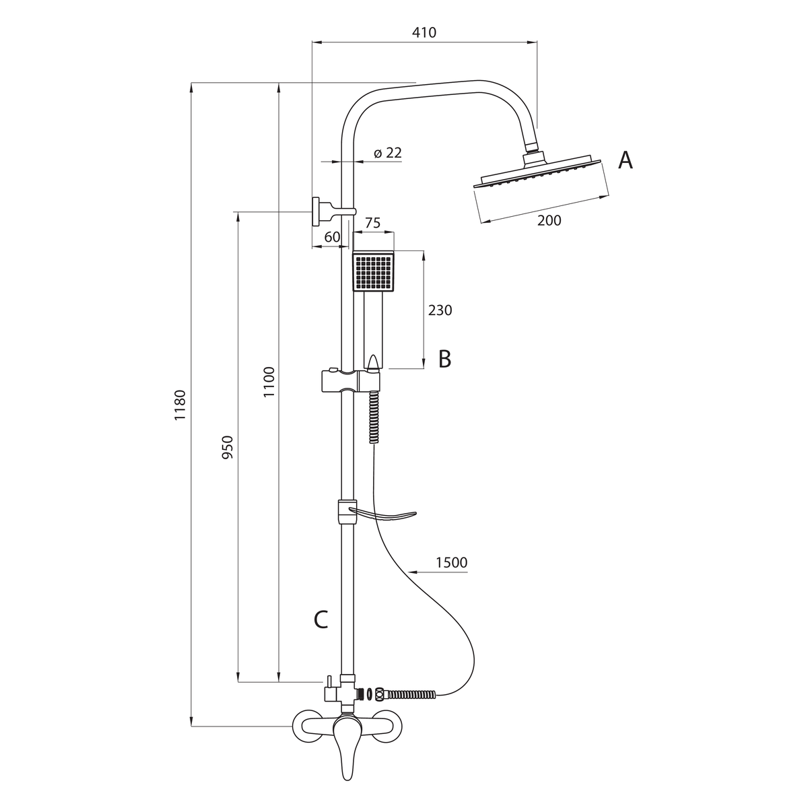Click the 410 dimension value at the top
point(424,32)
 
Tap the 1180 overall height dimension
point(180,405)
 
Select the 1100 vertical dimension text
point(269,382)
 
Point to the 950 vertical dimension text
point(227,447)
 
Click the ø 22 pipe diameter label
point(388,153)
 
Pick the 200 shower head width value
point(549,220)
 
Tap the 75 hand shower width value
point(372,223)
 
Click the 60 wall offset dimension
point(332,237)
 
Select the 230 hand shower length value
point(440,310)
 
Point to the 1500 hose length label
point(452,562)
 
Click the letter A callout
point(625,160)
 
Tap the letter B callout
point(445,359)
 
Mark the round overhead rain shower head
point(538,173)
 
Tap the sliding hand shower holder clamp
point(351,380)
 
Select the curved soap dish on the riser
point(376,514)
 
